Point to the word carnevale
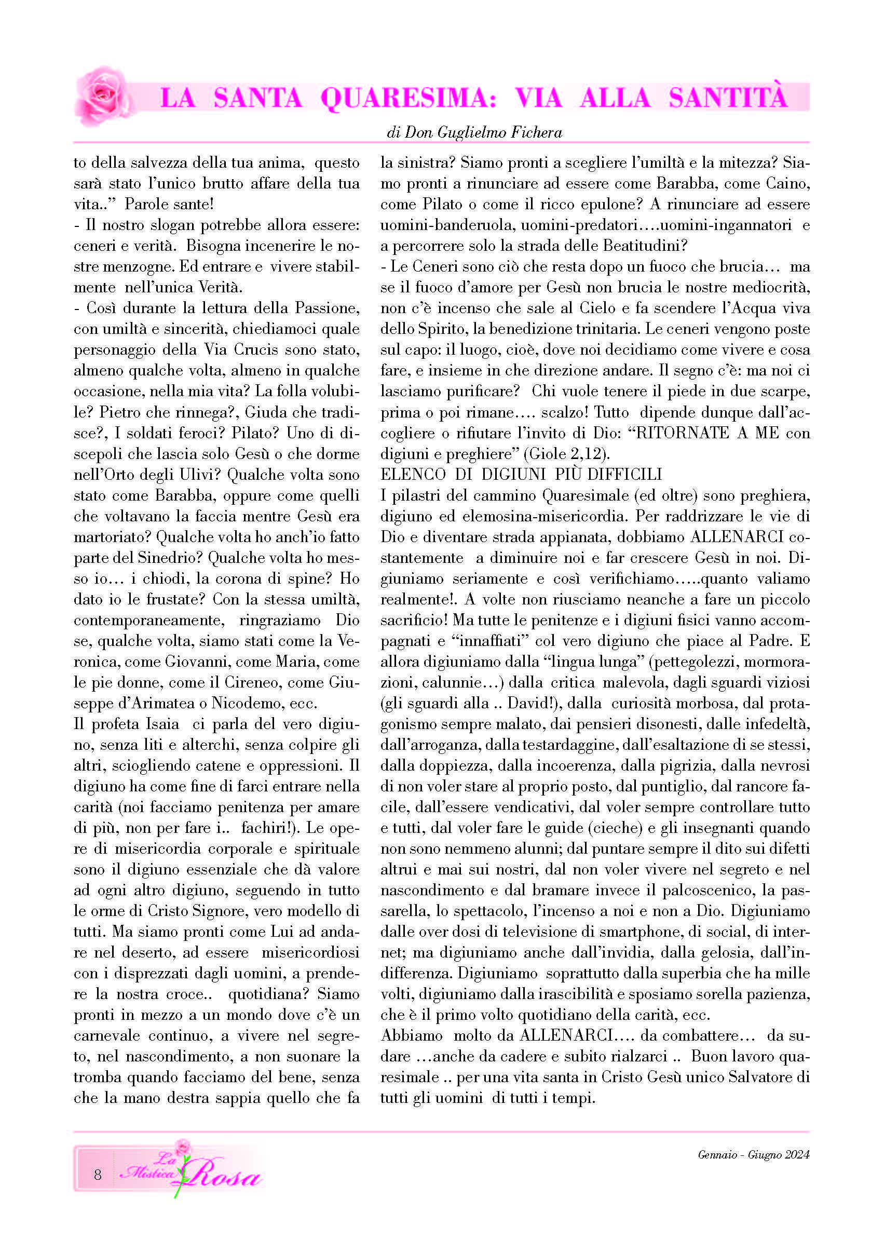pos(107,1035)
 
